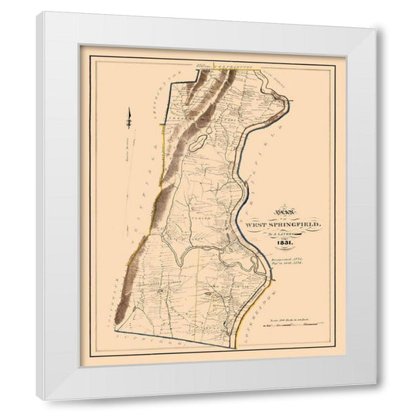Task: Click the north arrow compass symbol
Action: pos(131,116)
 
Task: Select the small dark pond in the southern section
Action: pos(206,294)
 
